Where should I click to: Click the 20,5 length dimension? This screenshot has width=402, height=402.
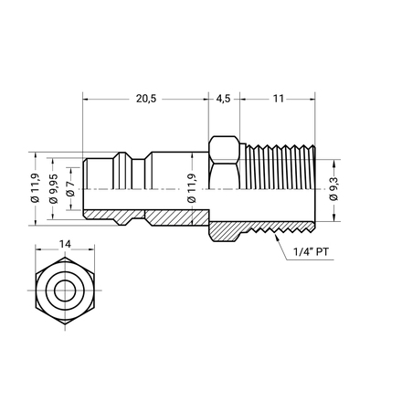pyautogui.click(x=146, y=99)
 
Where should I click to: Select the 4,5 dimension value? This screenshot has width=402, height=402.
pyautogui.click(x=223, y=99)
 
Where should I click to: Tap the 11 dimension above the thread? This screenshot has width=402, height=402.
pyautogui.click(x=279, y=99)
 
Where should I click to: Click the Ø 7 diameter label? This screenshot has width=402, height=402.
pyautogui.click(x=70, y=188)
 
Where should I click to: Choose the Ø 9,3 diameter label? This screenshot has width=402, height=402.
pyautogui.click(x=334, y=189)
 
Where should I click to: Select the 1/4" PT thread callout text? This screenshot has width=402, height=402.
pyautogui.click(x=311, y=252)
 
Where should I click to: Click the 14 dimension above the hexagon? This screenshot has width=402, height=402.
pyautogui.click(x=65, y=244)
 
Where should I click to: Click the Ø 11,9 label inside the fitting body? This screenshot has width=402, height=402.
pyautogui.click(x=192, y=188)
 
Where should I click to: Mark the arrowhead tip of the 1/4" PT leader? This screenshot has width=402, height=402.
pyautogui.click(x=275, y=234)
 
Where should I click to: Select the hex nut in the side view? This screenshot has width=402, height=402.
pyautogui.click(x=224, y=163)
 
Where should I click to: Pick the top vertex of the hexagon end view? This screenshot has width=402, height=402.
pyautogui.click(x=65, y=258)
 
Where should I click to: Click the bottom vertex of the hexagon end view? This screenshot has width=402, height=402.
pyautogui.click(x=65, y=323)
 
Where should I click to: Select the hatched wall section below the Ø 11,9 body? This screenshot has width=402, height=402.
pyautogui.click(x=176, y=218)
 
